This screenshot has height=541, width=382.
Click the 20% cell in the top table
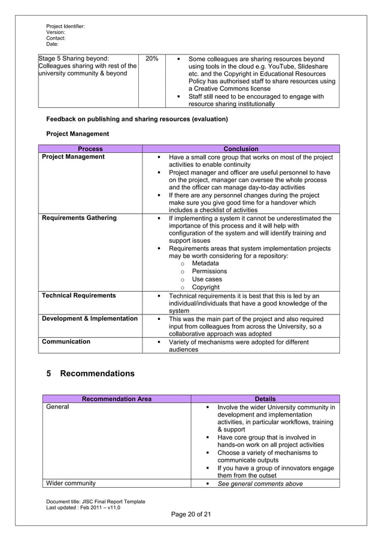(x=151, y=59)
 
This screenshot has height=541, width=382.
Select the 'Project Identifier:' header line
(x=65, y=26)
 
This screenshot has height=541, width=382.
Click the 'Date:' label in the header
(x=53, y=44)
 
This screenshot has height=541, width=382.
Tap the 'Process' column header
(x=90, y=149)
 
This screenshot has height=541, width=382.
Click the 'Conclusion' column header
(x=241, y=149)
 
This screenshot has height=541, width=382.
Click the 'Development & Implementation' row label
(x=89, y=319)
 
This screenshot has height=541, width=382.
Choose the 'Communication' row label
(x=66, y=341)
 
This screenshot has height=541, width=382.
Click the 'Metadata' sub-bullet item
(x=205, y=264)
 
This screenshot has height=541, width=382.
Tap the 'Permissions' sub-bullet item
(x=209, y=271)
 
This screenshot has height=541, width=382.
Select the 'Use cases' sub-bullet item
(x=207, y=280)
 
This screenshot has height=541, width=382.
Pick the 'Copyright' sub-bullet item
(x=206, y=288)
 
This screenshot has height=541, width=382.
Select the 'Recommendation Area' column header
(x=116, y=399)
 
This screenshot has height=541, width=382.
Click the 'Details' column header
(x=265, y=399)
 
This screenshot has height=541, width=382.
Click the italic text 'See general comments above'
(x=260, y=483)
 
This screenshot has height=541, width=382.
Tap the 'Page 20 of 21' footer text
(x=190, y=513)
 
